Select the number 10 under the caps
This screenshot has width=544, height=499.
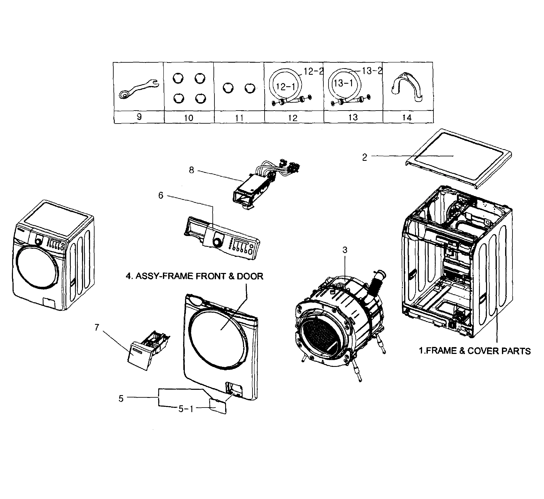[188, 118]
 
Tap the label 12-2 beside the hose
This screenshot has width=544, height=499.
[313, 72]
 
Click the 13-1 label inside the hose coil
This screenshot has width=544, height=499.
[343, 83]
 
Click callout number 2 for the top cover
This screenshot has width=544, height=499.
[365, 157]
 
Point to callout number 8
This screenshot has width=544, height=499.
[191, 170]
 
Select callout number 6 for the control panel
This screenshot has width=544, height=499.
[161, 195]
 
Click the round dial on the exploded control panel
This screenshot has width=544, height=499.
[217, 242]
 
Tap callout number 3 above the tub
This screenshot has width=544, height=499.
[345, 250]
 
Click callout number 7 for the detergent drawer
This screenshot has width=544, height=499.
[97, 327]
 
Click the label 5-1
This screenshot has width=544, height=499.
[186, 409]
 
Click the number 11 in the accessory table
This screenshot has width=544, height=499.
[239, 118]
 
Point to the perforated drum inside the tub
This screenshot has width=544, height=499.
[320, 335]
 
